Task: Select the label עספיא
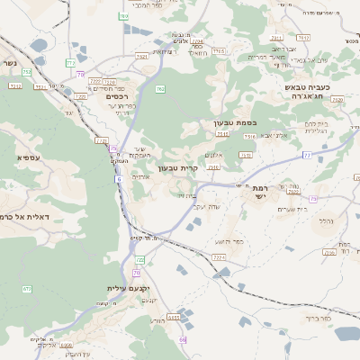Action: [x=27, y=157]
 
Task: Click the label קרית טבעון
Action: [x=176, y=168]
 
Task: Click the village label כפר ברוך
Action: [x=319, y=319]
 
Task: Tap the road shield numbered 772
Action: [x=70, y=62]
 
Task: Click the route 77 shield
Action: [x=307, y=156]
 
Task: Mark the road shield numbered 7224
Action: [x=218, y=256]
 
